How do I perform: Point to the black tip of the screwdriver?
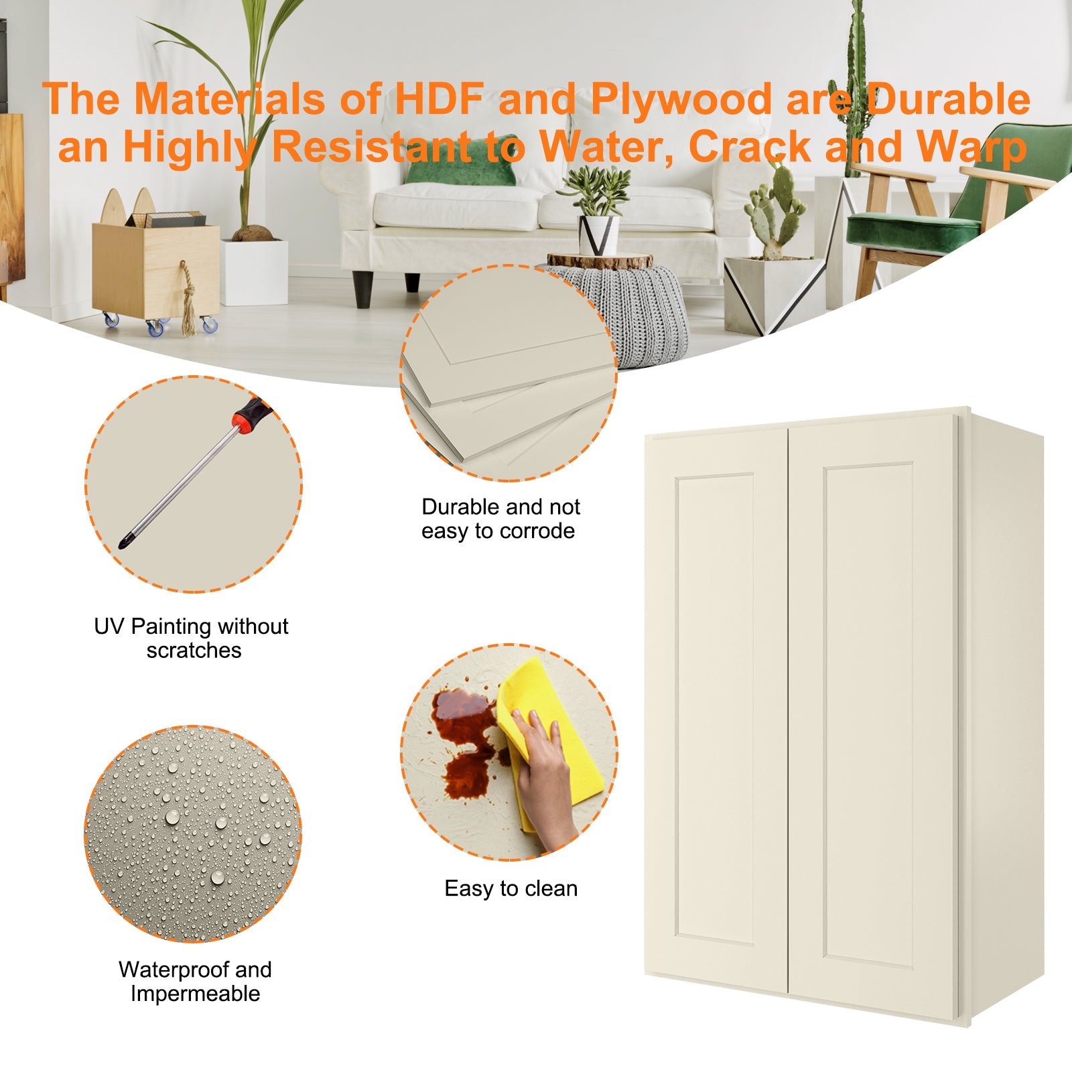[123, 542]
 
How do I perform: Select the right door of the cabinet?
[871, 710]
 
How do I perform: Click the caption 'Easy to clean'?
[511, 888]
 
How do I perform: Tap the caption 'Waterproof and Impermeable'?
[195, 981]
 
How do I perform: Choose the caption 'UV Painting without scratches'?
[192, 638]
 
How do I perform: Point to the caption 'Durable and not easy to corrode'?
[500, 519]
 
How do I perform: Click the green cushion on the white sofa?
[461, 169]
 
